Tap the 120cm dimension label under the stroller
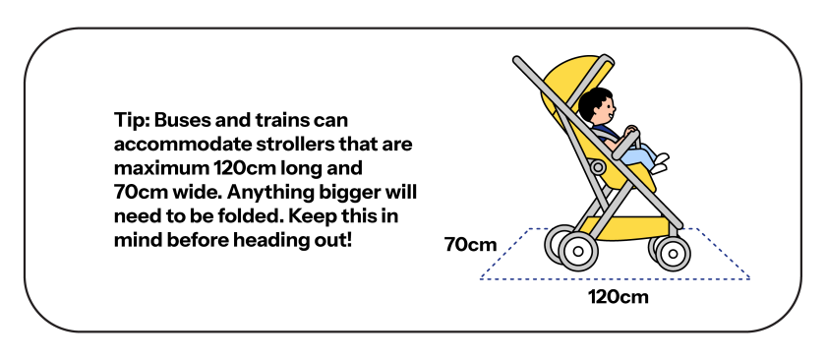(x=619, y=294)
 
